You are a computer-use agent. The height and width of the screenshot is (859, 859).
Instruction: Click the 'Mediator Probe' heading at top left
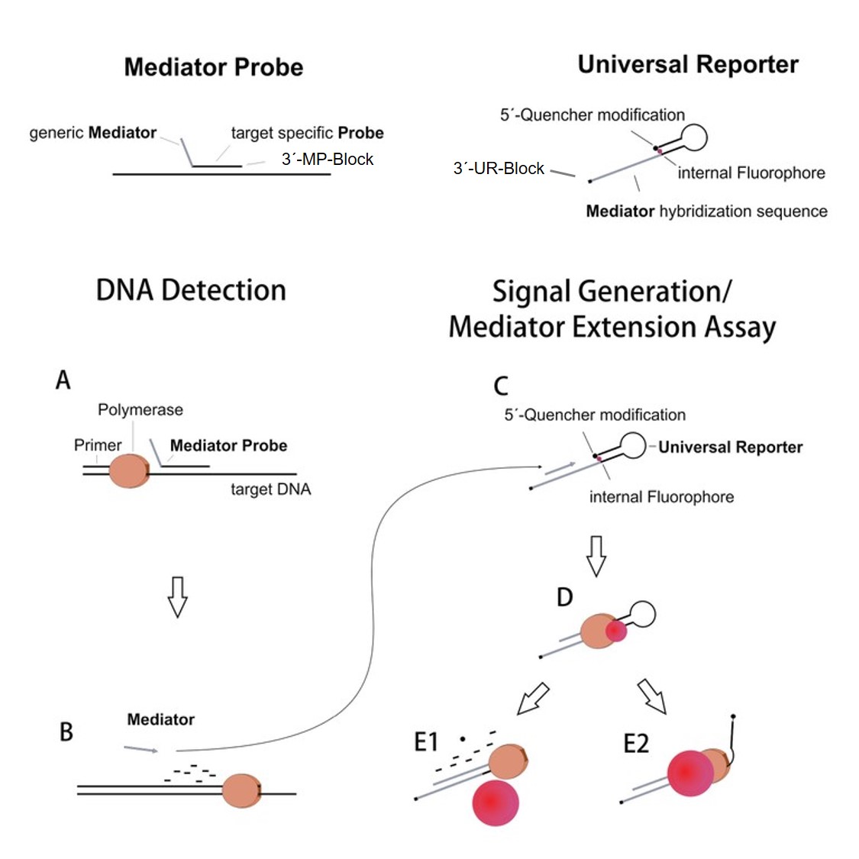[x=214, y=67]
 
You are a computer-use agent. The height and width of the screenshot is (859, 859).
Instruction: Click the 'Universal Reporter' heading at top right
[x=688, y=65]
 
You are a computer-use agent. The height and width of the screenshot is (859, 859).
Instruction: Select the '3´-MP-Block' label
[x=328, y=160]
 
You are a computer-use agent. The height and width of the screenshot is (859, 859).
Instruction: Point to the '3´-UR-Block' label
[x=499, y=169]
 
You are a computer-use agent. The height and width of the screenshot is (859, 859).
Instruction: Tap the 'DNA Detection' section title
[x=191, y=291]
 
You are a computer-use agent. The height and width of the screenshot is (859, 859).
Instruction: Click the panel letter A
[x=63, y=379]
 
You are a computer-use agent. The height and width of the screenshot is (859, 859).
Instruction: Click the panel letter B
[x=66, y=731]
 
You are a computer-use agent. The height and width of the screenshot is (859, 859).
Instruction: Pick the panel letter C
[x=501, y=386]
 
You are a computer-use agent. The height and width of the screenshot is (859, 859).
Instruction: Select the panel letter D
[x=564, y=597]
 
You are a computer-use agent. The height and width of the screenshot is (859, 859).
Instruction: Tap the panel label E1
[x=426, y=741]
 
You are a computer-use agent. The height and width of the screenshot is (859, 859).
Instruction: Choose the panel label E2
[x=635, y=743]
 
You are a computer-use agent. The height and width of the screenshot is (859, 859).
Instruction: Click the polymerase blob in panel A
[x=128, y=470]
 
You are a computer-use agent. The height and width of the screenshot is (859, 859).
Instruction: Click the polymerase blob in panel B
[x=241, y=790]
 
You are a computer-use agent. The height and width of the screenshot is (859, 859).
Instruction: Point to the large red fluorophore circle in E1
[x=496, y=802]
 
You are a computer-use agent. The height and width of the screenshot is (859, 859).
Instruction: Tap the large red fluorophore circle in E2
[x=690, y=773]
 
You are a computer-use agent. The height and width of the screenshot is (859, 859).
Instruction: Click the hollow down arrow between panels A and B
[x=177, y=596]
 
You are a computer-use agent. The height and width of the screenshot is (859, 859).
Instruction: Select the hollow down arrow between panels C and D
[x=596, y=555]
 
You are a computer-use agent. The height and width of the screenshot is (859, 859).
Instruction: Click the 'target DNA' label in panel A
[x=271, y=489]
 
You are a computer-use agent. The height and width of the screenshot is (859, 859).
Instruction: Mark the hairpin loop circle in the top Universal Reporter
[x=694, y=137]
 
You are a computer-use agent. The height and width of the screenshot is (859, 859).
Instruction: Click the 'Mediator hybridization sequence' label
[x=706, y=212]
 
